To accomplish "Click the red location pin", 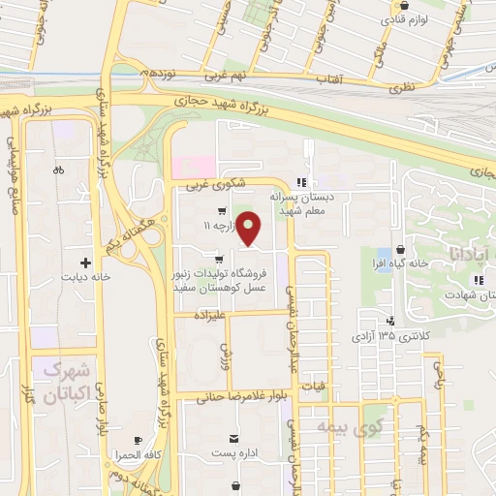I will [249, 229].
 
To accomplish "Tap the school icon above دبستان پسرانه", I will [302, 181].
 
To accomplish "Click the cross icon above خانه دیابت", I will [86, 263].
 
